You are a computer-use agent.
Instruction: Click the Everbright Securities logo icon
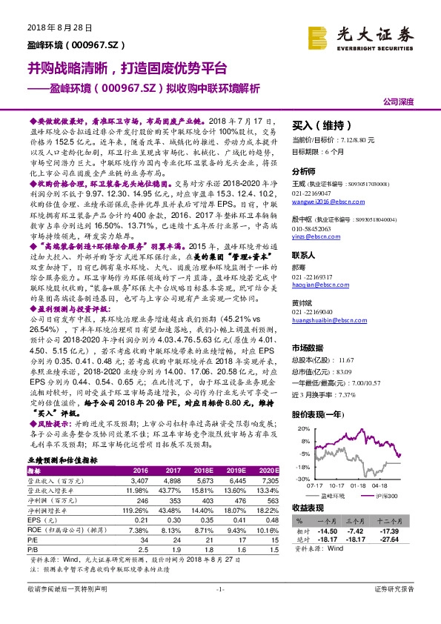click(x=320, y=36)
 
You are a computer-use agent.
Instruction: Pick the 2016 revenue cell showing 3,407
click(x=139, y=479)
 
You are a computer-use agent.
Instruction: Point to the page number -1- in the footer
click(x=220, y=610)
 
